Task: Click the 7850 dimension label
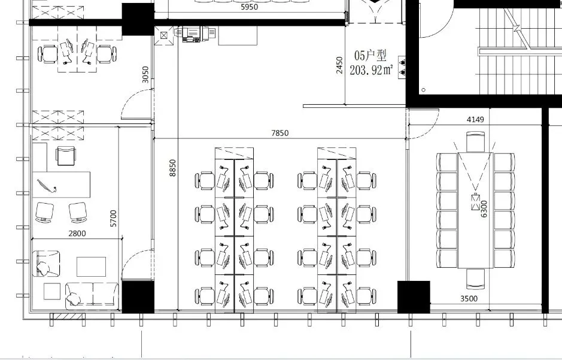(x=280, y=133)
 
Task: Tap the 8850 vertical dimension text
(x=173, y=168)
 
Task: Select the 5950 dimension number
(x=249, y=7)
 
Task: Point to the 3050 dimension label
(x=145, y=74)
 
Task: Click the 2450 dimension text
(x=339, y=65)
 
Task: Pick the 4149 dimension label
(x=475, y=119)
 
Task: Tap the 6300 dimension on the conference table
(x=484, y=208)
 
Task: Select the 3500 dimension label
(x=469, y=298)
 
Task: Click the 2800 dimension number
(x=77, y=234)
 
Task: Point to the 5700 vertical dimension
(x=113, y=218)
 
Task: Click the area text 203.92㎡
(x=371, y=69)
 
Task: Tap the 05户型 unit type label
(x=370, y=56)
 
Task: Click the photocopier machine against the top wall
(x=194, y=34)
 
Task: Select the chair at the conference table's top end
(x=476, y=141)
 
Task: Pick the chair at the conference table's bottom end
(x=476, y=279)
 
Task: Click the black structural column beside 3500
(x=414, y=297)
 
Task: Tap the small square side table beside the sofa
(x=52, y=291)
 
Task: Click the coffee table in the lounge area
(x=92, y=267)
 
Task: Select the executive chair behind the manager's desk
(x=66, y=156)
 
